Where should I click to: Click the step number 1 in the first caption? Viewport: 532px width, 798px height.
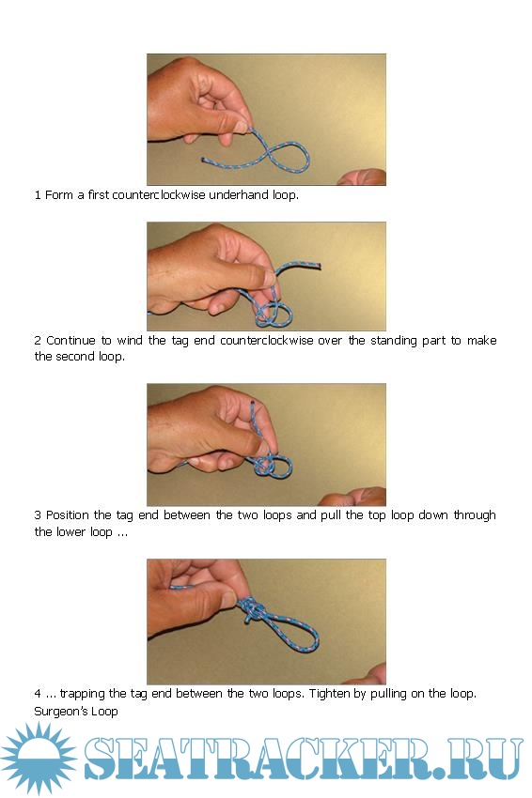pyautogui.click(x=38, y=195)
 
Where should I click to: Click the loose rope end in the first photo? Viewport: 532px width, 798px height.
pyautogui.click(x=203, y=160)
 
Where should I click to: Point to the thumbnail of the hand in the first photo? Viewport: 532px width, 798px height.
pyautogui.click(x=240, y=126)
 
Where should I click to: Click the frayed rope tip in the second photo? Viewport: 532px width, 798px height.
pyautogui.click(x=319, y=265)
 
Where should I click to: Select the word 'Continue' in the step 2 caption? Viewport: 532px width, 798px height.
pyautogui.click(x=70, y=341)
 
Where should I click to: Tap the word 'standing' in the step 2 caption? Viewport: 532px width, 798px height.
pyautogui.click(x=394, y=341)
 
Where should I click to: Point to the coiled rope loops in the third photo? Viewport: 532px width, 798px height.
pyautogui.click(x=274, y=466)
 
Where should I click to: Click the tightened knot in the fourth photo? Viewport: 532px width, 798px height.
pyautogui.click(x=251, y=609)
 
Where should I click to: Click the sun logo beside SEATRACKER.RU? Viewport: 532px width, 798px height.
pyautogui.click(x=39, y=759)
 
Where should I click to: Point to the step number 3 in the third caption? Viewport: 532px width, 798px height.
pyautogui.click(x=38, y=515)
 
